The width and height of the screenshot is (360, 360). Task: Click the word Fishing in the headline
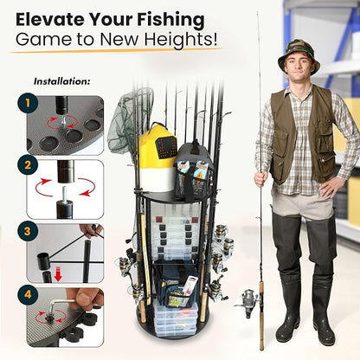(170, 21)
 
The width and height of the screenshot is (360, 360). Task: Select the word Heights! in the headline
(181, 40)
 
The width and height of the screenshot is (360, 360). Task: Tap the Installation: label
(62, 81)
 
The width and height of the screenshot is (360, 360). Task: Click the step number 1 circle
(28, 103)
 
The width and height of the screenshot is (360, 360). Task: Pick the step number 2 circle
(28, 165)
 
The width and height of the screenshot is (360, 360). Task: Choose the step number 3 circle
(28, 231)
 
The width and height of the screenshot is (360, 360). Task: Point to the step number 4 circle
(28, 295)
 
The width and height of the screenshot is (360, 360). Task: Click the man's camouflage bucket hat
(299, 59)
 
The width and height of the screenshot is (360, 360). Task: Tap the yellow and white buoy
(157, 158)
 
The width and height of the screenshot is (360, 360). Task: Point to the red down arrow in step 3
(58, 274)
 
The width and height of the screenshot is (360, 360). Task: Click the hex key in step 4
(63, 307)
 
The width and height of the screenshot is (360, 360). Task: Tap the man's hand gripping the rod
(261, 179)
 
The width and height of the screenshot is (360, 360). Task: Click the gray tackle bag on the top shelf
(194, 170)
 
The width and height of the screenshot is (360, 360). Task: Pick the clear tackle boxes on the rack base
(176, 318)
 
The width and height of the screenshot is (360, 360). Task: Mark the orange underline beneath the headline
(115, 51)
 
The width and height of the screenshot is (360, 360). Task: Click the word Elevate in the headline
(50, 20)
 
